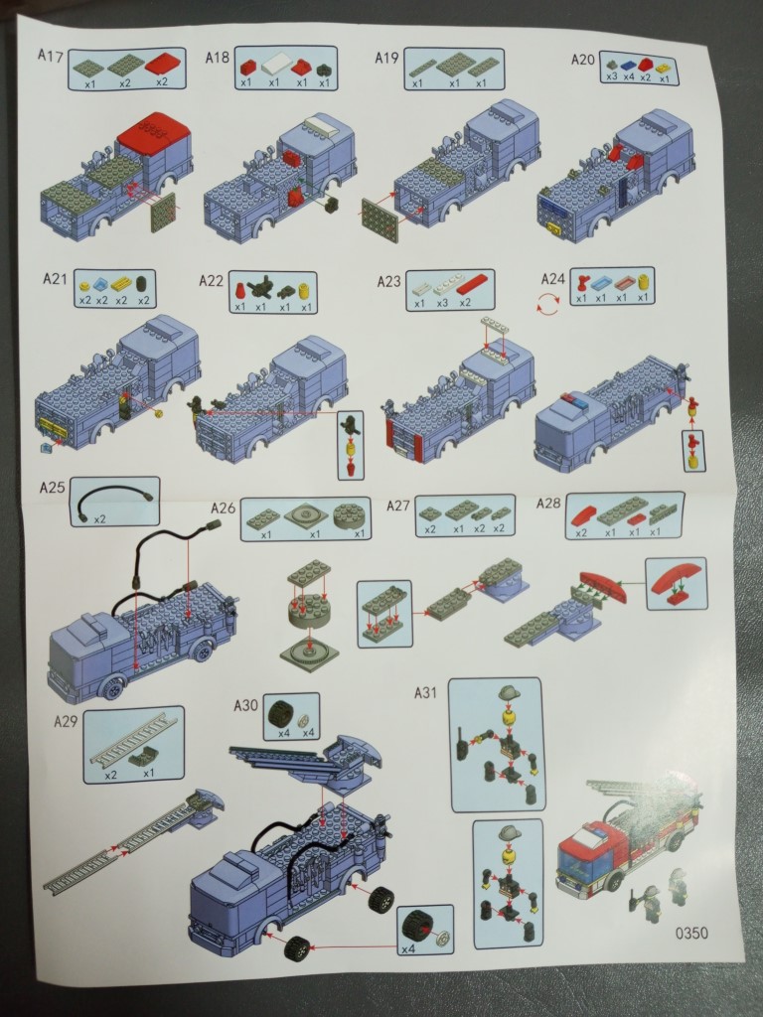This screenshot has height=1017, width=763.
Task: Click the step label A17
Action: [50, 56]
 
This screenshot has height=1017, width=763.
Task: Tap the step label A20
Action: [582, 60]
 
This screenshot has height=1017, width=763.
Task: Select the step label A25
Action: [52, 488]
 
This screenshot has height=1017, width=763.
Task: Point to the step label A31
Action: [425, 692]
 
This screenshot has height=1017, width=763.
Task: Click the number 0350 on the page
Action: [691, 934]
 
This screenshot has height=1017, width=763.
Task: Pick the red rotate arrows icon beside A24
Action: [548, 303]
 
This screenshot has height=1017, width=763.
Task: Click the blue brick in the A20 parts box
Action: [628, 65]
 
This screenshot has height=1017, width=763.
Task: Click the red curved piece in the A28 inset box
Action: [676, 579]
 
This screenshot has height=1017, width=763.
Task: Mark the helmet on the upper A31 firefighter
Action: [510, 692]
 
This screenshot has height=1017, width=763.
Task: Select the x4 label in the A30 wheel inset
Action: [408, 948]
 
